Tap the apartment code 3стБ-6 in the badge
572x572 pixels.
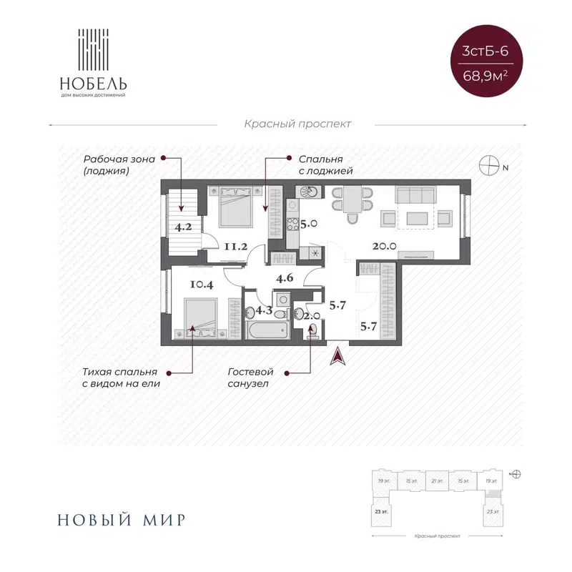pyautogui.click(x=485, y=51)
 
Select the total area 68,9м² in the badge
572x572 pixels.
pyautogui.click(x=485, y=74)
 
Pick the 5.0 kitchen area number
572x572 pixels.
pyautogui.click(x=308, y=224)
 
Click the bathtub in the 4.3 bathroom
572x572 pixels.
pyautogui.click(x=267, y=331)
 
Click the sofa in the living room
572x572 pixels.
pyautogui.click(x=415, y=194)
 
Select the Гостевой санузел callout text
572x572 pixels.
pyautogui.click(x=250, y=378)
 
